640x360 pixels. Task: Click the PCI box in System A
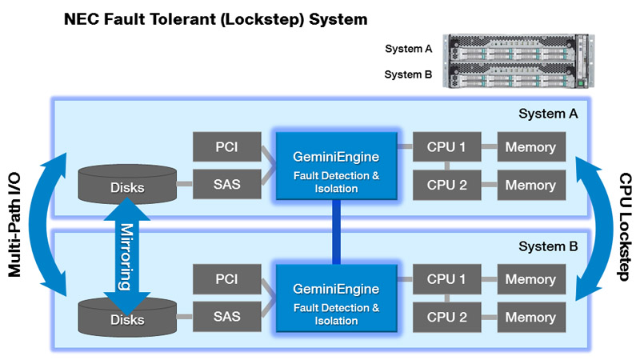[226, 147]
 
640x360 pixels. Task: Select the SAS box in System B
[226, 318]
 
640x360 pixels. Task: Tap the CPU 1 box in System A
[446, 147]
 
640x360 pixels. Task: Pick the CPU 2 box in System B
[446, 318]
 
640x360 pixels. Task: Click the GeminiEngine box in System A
[336, 166]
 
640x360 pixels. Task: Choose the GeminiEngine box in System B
[336, 299]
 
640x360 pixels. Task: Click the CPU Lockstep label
[625, 226]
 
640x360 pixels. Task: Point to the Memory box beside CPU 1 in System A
[530, 147]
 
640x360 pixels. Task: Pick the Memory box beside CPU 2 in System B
[530, 318]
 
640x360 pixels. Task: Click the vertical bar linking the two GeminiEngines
[336, 232]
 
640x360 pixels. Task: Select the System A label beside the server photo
[408, 49]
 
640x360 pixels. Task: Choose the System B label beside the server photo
[408, 74]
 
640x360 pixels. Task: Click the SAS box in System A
[226, 185]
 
